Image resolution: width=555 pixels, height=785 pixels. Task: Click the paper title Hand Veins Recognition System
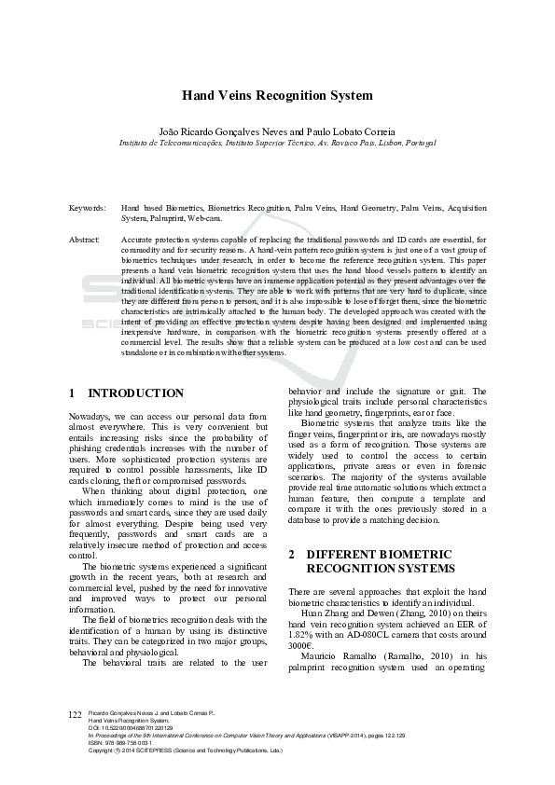[277, 95]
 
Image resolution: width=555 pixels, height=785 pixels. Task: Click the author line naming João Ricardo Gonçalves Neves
[277, 132]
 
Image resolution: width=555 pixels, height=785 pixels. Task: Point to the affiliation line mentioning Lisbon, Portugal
[277, 144]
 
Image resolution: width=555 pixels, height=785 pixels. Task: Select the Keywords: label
[88, 208]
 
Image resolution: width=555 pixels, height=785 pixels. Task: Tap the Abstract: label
[85, 240]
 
